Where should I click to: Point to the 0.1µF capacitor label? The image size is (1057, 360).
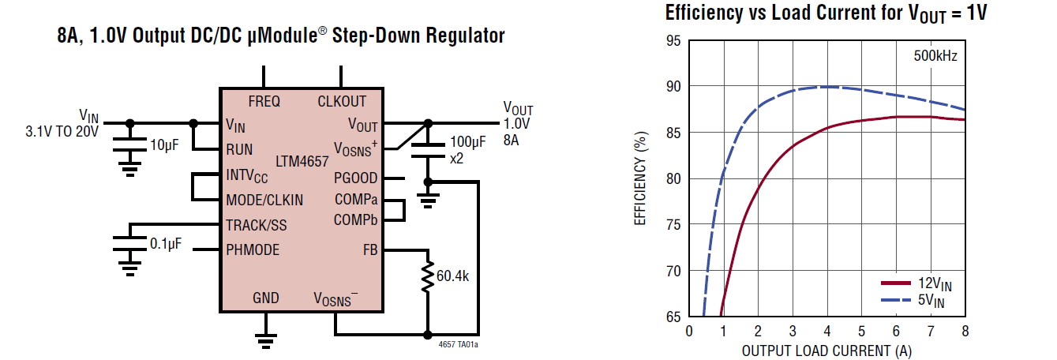[166, 243]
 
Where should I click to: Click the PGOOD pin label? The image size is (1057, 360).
[355, 178]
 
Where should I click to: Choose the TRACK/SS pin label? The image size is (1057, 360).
[257, 225]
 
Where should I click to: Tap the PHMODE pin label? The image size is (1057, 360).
[253, 250]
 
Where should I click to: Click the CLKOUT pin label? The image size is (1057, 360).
[342, 101]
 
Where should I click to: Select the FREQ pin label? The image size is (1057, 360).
[264, 101]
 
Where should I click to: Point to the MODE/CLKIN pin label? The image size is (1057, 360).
[264, 200]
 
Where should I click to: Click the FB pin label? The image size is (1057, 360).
[369, 250]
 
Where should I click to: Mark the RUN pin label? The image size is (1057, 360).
[239, 149]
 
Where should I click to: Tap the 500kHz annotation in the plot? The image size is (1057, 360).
[935, 56]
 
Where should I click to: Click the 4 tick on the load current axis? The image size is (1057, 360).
[826, 331]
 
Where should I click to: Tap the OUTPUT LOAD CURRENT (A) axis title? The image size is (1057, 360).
[826, 350]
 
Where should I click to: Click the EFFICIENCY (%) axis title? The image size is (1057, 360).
[641, 179]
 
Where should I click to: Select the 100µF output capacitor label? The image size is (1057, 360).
[468, 143]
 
